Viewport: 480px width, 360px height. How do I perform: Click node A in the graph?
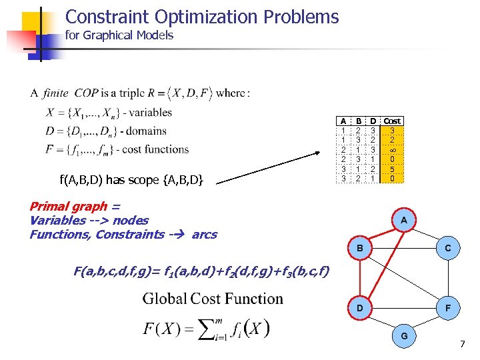(404, 220)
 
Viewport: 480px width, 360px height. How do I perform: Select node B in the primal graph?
(359, 248)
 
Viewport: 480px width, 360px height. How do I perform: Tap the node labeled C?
(448, 248)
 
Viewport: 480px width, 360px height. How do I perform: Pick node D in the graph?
(359, 309)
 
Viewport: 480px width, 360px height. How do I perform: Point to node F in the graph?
(448, 309)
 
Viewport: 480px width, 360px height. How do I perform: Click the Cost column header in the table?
(392, 121)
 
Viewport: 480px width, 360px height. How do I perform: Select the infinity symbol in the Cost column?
(392, 150)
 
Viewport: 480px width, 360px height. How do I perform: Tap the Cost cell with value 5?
(392, 169)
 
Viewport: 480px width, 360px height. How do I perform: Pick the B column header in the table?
(358, 121)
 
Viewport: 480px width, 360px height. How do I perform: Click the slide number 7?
(461, 343)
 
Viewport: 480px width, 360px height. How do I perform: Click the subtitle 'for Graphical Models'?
(119, 36)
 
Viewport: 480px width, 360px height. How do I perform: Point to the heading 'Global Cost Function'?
(213, 299)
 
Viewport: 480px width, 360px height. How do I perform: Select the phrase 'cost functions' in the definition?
(155, 149)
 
